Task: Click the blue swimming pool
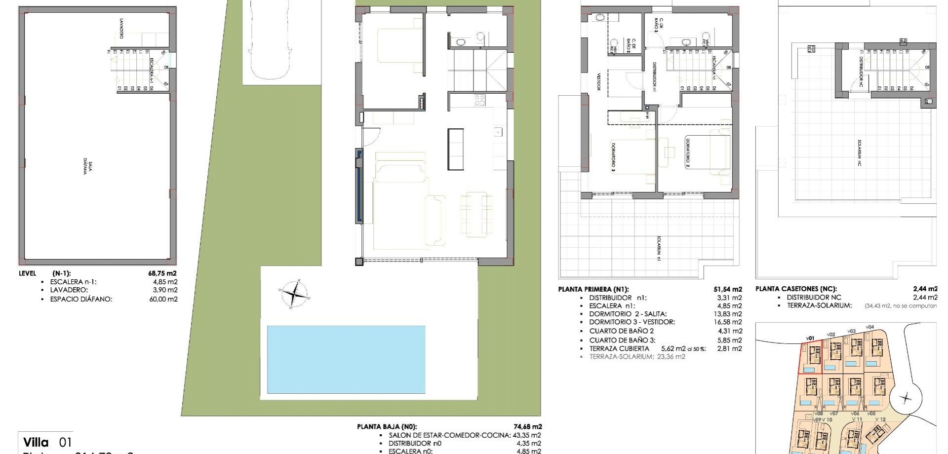point(346,359)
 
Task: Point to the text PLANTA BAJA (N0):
point(387,427)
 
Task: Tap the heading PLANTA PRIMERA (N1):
point(593,290)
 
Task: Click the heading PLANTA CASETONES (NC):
point(796,289)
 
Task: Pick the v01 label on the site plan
point(810,338)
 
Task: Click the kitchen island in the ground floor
point(456,149)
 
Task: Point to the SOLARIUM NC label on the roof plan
point(860,153)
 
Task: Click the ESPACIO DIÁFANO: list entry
point(81,299)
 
